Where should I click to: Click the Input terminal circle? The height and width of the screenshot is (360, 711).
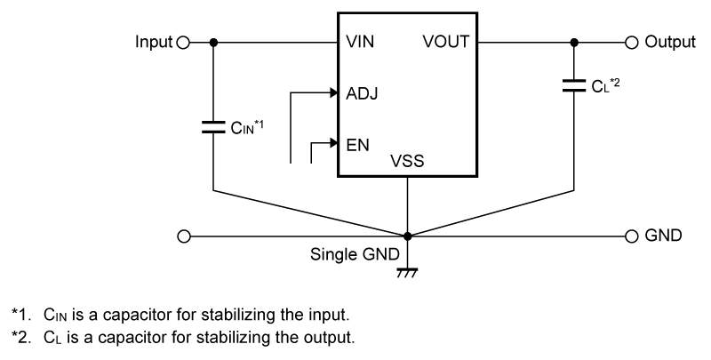click(x=184, y=42)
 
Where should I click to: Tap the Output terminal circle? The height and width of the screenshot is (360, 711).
click(x=632, y=42)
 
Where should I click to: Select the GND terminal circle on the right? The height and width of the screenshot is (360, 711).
click(x=632, y=236)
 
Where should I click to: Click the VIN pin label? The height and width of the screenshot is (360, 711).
click(x=361, y=42)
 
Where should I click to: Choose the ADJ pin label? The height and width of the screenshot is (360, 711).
click(x=360, y=92)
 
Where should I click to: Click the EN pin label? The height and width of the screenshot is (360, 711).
click(x=356, y=142)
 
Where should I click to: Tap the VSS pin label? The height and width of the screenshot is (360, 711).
click(x=407, y=163)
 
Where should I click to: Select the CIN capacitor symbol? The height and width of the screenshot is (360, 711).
click(x=213, y=127)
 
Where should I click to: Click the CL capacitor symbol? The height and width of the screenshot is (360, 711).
click(x=574, y=86)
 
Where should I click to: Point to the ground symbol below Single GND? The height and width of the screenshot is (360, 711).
click(x=407, y=271)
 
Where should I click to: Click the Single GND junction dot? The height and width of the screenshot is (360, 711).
click(x=407, y=236)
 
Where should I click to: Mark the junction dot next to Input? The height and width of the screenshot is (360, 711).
click(x=213, y=42)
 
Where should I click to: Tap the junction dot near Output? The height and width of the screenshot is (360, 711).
click(x=574, y=42)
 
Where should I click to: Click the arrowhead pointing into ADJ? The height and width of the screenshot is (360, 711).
click(x=332, y=92)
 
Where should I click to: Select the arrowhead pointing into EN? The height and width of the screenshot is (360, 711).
click(x=332, y=142)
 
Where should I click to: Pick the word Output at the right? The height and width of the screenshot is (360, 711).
click(x=669, y=42)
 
